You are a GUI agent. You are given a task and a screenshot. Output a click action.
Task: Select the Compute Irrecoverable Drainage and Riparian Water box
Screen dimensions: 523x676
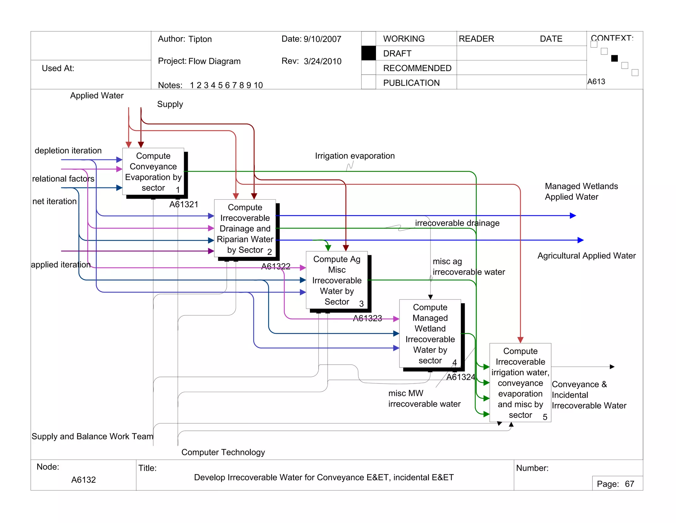coord(245,228)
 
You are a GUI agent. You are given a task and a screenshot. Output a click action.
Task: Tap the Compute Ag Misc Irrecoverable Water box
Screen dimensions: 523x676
coord(337,280)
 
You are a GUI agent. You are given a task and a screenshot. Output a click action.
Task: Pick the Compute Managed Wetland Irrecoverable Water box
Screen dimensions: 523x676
coord(430,334)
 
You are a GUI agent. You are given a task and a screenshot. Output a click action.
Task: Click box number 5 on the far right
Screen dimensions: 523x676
coord(520,382)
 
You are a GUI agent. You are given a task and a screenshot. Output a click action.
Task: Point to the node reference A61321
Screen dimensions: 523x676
coord(184,204)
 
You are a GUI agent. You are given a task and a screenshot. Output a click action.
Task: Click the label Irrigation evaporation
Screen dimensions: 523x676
coord(355,156)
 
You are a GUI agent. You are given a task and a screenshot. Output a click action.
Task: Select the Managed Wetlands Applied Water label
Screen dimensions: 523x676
coord(581,191)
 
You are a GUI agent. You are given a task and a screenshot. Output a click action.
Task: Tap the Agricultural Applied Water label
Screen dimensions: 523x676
coord(587,256)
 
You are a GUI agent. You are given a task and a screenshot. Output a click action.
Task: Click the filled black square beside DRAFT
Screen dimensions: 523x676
coord(368,53)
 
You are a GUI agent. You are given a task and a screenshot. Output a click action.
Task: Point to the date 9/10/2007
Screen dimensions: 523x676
coord(322,39)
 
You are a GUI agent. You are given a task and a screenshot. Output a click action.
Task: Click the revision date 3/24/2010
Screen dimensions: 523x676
coord(322,61)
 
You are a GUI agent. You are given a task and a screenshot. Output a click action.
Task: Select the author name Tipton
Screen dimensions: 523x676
coord(200,39)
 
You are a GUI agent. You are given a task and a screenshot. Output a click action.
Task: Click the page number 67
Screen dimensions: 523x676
coord(629,484)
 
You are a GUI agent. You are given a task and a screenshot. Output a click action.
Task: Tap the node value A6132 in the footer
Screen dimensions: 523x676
coord(84,480)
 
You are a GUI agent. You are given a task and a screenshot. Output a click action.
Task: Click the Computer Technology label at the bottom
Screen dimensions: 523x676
coord(223,452)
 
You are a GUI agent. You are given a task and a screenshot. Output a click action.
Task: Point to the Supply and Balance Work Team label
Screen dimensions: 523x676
coord(92,436)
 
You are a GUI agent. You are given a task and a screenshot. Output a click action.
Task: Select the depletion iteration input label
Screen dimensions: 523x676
coord(68,150)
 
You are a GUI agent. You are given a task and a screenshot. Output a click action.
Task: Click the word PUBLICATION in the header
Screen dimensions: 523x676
coord(411,83)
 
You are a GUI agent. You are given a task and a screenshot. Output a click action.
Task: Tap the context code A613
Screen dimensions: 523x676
coord(596,81)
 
